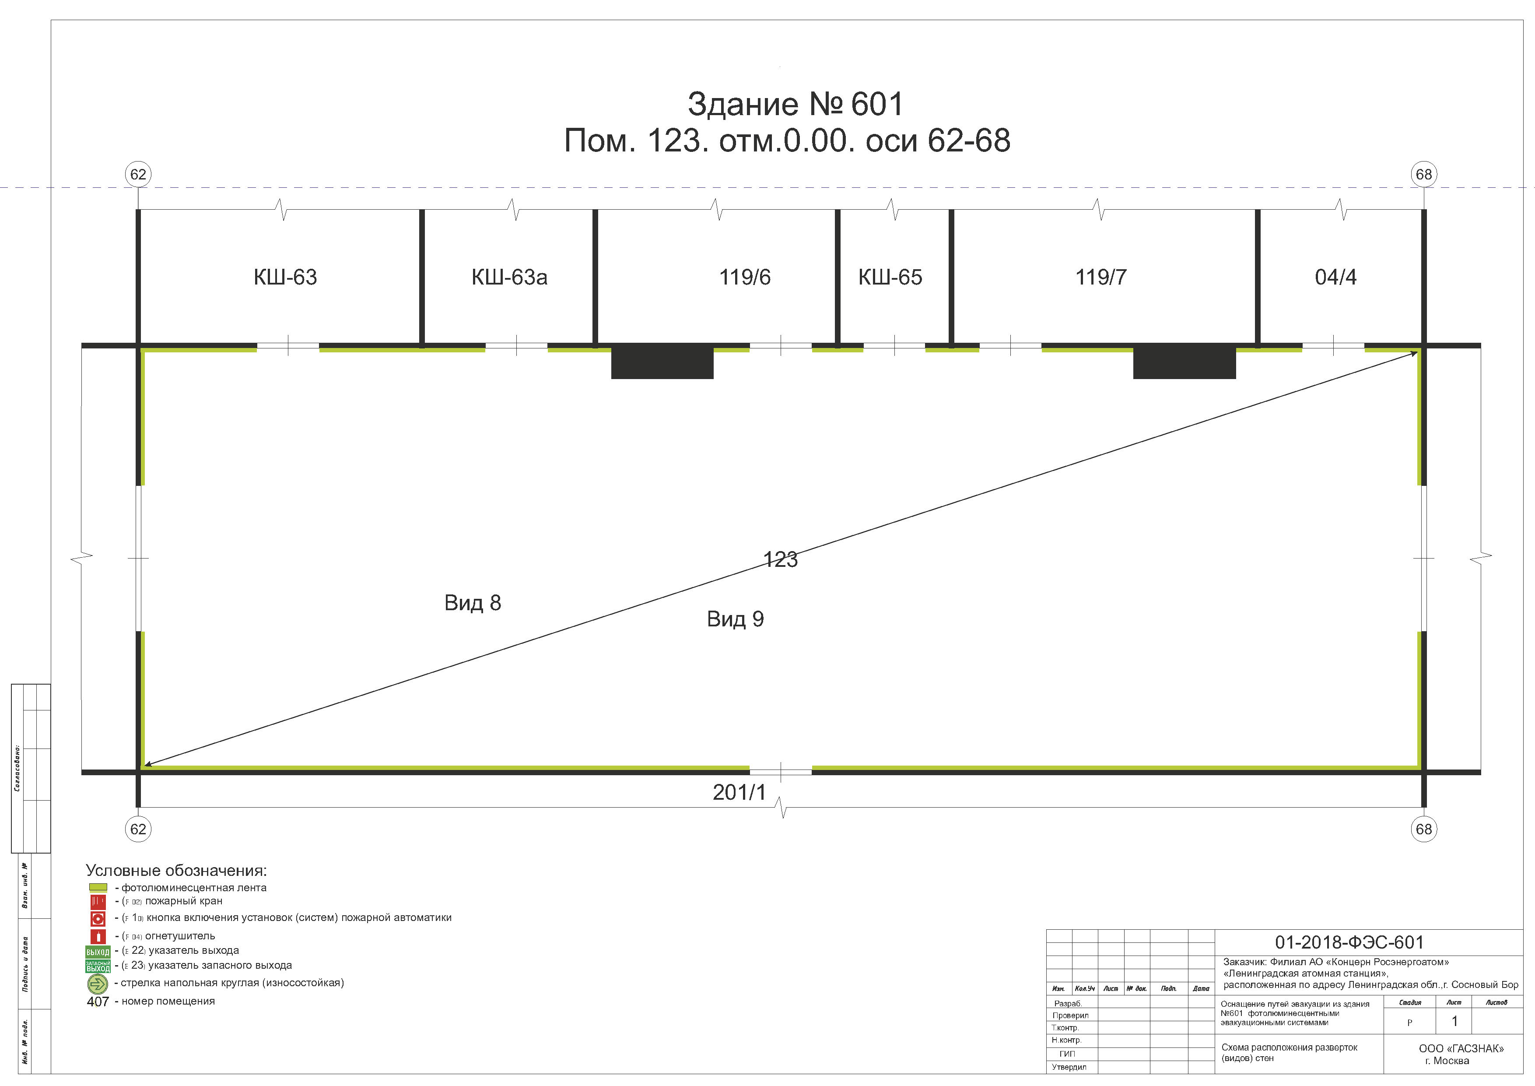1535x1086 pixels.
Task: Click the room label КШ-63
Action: [x=285, y=277]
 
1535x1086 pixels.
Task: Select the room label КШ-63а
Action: [x=509, y=277]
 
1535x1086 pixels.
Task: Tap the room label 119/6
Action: [x=745, y=277]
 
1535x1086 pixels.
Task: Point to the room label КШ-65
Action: [x=890, y=277]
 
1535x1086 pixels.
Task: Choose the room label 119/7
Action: [x=1100, y=277]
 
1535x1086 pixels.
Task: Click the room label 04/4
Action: [x=1335, y=277]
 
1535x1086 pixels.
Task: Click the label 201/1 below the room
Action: [x=739, y=792]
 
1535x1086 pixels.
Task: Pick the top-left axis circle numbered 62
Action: [x=138, y=175]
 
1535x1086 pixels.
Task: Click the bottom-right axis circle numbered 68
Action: [x=1423, y=829]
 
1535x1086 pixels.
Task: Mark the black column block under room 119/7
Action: [x=1184, y=362]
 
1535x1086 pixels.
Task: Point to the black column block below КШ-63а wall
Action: [x=662, y=362]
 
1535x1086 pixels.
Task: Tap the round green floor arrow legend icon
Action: [x=98, y=984]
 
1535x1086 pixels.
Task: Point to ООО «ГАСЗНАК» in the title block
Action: [x=1461, y=1048]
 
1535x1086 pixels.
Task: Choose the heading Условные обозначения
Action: [x=176, y=871]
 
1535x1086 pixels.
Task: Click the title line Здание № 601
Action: [x=795, y=104]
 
